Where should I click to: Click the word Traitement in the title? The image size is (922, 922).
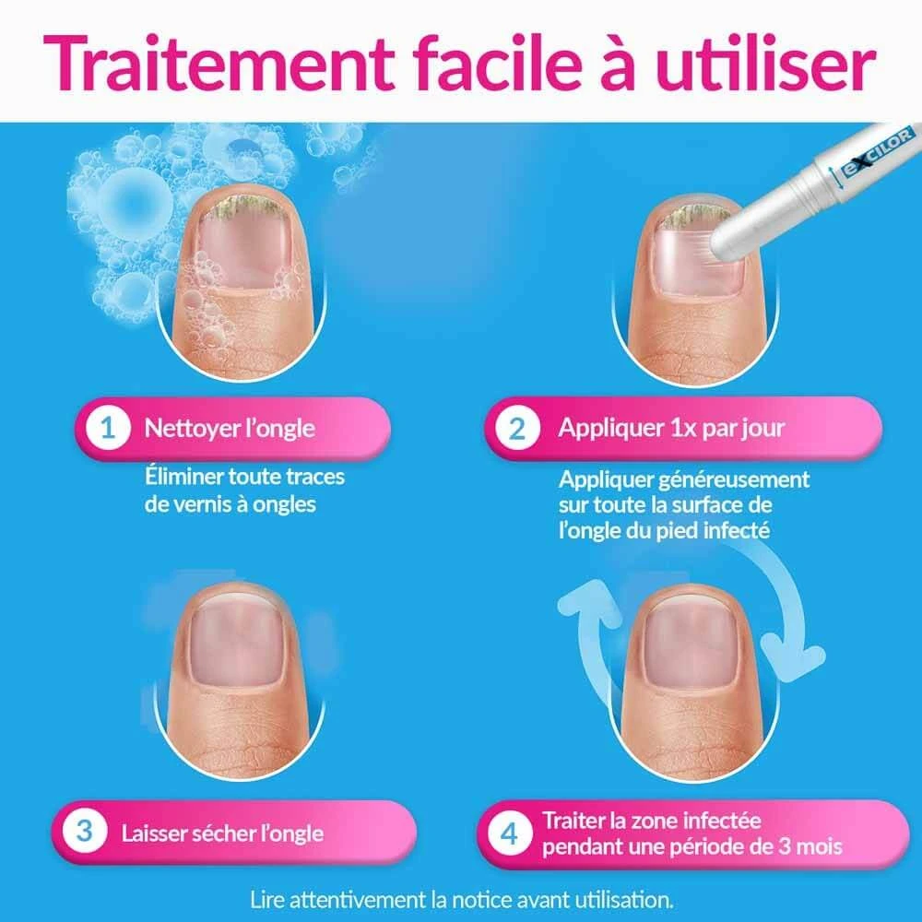coord(219,63)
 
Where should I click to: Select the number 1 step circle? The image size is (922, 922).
coord(108,428)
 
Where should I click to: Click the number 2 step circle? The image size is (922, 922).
coord(517,428)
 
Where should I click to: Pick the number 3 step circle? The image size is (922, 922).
coord(85,832)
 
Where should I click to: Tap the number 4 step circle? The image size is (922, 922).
coord(509,833)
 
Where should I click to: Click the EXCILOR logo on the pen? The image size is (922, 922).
coord(879,152)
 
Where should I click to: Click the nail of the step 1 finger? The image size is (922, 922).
coord(243,242)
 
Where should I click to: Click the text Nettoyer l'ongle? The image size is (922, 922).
coord(230,429)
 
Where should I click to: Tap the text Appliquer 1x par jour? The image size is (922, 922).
coord(671,428)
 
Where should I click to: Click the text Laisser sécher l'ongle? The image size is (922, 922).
coord(222,833)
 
